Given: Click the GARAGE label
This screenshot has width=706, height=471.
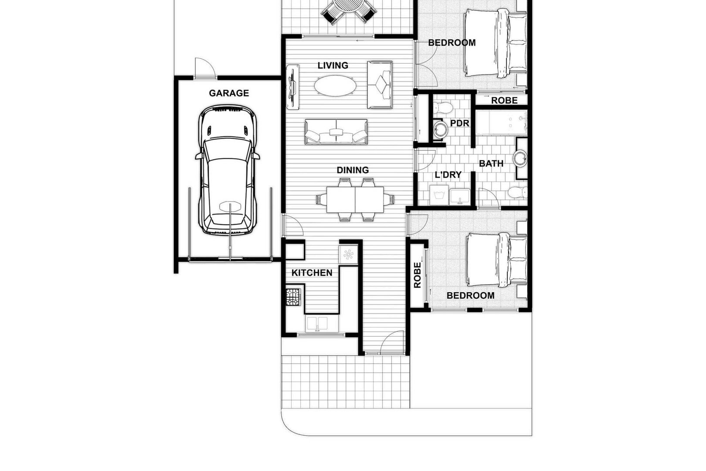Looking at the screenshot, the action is [229, 93].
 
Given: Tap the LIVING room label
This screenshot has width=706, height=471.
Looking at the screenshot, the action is [333, 65].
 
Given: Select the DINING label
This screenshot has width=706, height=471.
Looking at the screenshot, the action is [353, 170].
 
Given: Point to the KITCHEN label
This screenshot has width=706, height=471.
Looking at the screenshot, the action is [312, 273].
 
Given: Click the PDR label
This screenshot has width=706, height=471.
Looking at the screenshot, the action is [459, 123].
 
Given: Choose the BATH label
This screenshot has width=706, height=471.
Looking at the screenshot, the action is [491, 164].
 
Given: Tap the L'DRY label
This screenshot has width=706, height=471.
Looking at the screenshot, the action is [448, 175].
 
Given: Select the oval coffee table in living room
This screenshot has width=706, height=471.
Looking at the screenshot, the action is [336, 85].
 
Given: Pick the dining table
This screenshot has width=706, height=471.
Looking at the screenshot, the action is [355, 200].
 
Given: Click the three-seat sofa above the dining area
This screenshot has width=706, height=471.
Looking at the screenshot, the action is [336, 132].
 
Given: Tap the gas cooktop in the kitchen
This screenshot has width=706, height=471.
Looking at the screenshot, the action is [293, 297].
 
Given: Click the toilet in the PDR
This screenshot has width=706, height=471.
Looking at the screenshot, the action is [442, 107].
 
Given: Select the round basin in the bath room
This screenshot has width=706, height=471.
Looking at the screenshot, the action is [520, 158].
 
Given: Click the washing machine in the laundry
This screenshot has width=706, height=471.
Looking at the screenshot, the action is [439, 195].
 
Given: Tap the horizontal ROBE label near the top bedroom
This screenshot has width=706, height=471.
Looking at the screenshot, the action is [504, 101].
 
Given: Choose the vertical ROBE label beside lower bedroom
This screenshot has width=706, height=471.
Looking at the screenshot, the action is [417, 275].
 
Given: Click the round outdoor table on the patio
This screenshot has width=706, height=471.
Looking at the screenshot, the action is [349, 6].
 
